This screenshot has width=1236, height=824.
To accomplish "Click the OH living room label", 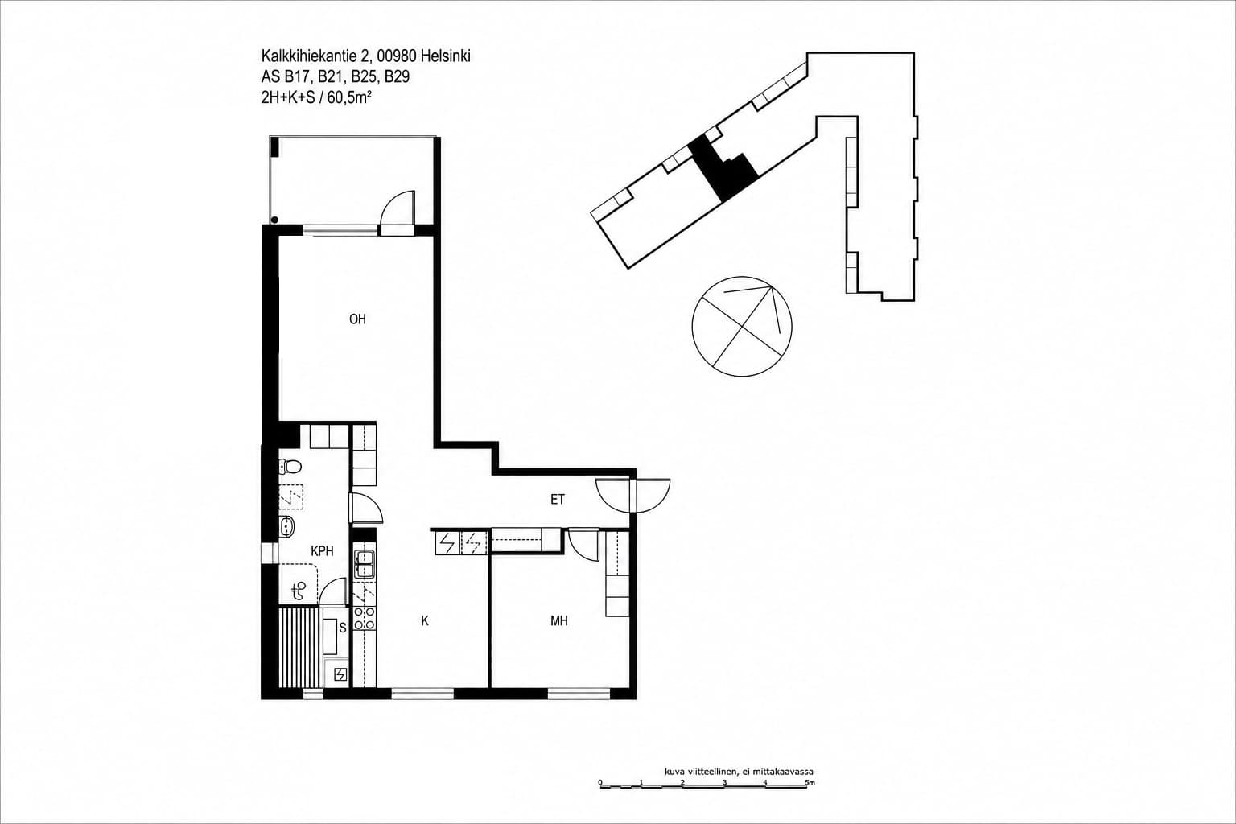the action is [x=357, y=319].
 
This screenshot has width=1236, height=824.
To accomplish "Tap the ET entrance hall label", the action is [x=558, y=500].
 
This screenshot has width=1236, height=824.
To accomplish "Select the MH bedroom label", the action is [x=559, y=621].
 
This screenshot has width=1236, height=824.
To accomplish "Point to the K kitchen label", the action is [x=425, y=621].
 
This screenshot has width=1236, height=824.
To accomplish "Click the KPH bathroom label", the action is [x=322, y=550].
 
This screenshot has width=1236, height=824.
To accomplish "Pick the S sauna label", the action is [x=343, y=628].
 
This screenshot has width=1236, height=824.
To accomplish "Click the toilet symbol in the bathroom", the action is [x=290, y=467].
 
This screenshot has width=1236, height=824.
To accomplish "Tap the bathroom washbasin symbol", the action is [x=287, y=526].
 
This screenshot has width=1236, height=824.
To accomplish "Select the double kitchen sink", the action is [x=364, y=563].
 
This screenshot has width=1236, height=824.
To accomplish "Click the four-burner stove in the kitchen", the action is [x=365, y=618].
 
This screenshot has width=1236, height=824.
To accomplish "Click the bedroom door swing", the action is [x=583, y=545].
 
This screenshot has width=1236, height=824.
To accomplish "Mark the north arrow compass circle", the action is [x=742, y=326].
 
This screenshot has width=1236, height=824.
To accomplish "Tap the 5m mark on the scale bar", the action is [x=809, y=783].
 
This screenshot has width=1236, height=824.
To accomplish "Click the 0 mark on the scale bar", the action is [x=600, y=783].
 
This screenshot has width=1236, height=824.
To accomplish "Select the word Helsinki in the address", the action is [x=445, y=56].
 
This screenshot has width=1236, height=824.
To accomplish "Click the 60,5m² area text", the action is [x=348, y=97].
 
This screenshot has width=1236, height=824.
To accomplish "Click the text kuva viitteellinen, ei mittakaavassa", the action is [x=739, y=772].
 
